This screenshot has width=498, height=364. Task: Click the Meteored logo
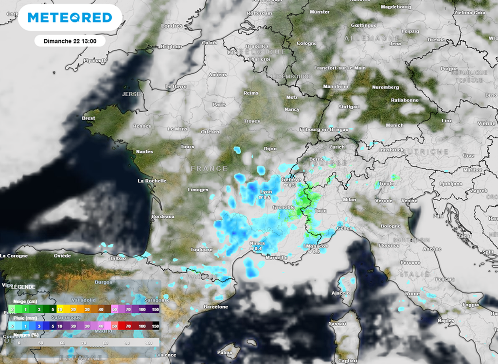(70, 18)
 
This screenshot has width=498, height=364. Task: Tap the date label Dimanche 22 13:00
(70, 41)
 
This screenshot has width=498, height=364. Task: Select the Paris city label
(219, 104)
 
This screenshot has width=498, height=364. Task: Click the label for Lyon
(266, 192)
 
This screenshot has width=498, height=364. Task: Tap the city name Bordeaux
(163, 216)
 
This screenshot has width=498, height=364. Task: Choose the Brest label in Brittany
(89, 118)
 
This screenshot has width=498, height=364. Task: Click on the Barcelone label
(216, 307)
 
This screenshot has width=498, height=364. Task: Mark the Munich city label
(394, 125)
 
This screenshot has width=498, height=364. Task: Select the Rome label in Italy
(412, 294)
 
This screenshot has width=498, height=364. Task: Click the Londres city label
(171, 26)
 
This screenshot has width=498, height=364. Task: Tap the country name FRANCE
(209, 168)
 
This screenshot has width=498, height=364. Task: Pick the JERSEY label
(133, 94)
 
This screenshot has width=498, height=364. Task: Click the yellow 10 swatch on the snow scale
(60, 309)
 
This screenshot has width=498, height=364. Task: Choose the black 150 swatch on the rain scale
(156, 326)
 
